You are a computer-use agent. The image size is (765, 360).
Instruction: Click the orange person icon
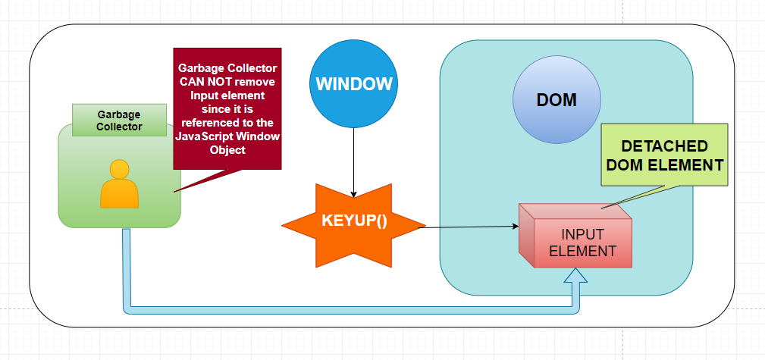(x=120, y=184)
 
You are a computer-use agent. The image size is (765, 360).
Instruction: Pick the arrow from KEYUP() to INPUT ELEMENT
(x=470, y=226)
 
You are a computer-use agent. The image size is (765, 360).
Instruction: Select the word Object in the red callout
(x=227, y=150)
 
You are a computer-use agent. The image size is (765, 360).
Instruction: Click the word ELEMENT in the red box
(x=582, y=249)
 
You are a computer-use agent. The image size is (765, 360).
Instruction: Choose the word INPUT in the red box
(x=582, y=233)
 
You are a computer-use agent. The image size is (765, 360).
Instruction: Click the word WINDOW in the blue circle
(x=354, y=84)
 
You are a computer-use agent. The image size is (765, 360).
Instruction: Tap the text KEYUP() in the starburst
(x=353, y=221)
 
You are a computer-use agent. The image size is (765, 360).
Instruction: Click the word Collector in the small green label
(x=119, y=127)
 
